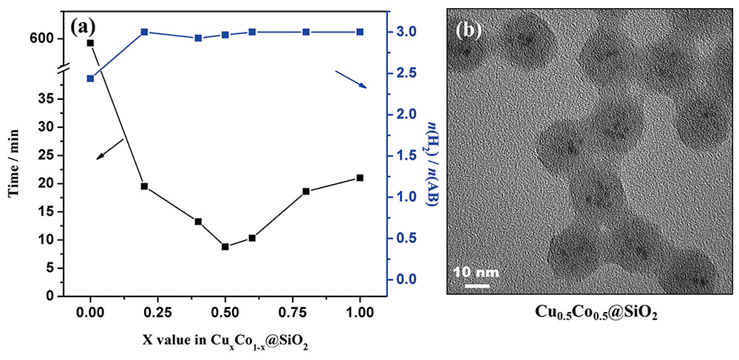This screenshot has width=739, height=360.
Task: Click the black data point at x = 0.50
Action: pyautogui.click(x=225, y=246)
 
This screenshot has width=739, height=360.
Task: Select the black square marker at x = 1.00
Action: pyautogui.click(x=360, y=177)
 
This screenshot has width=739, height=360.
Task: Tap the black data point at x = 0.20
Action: pyautogui.click(x=144, y=186)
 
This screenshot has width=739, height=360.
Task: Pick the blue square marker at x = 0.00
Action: pyautogui.click(x=90, y=78)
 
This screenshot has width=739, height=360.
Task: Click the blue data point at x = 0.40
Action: pyautogui.click(x=198, y=38)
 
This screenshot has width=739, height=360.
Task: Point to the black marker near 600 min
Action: pyautogui.click(x=90, y=43)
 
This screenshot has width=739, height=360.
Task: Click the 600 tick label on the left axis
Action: pyautogui.click(x=42, y=38)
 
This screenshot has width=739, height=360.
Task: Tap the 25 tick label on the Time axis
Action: pyautogui.click(x=48, y=155)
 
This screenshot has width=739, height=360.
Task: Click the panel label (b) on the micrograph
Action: pyautogui.click(x=469, y=30)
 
